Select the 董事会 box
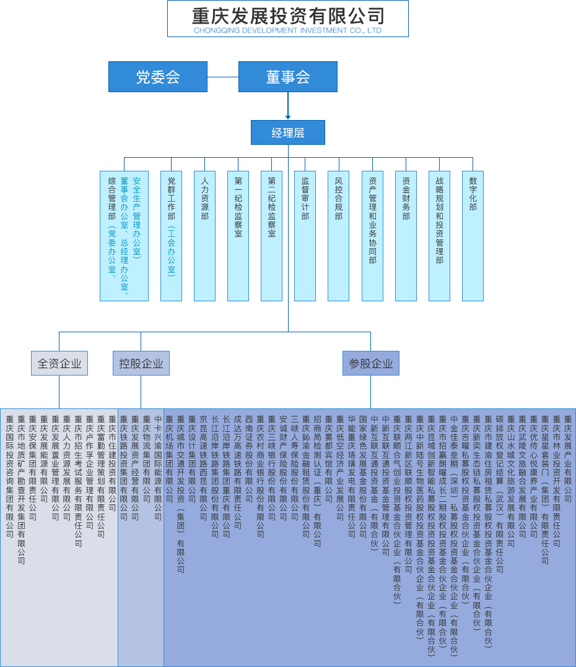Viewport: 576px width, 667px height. [287, 77]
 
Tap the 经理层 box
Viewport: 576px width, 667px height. [287, 132]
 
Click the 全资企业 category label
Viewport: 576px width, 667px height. [59, 363]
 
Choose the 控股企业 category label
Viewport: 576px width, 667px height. [141, 363]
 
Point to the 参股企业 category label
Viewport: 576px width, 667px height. [370, 363]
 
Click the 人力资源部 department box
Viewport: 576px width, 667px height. [205, 235]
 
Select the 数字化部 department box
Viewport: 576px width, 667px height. [473, 235]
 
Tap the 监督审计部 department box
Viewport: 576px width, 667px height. [305, 235]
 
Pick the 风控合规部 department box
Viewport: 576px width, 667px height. [339, 235]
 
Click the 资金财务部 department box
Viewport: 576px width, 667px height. [406, 235]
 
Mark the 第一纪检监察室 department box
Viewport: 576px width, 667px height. [238, 235]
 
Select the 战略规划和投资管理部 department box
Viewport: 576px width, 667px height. [439, 235]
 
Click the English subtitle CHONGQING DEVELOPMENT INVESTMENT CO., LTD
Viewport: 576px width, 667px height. [287, 30]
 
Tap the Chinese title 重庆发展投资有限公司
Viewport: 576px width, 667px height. [287, 15]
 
